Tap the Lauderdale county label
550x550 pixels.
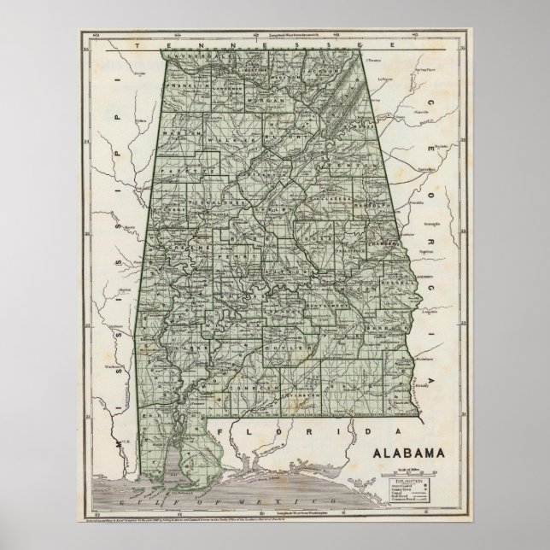point(189,58)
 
